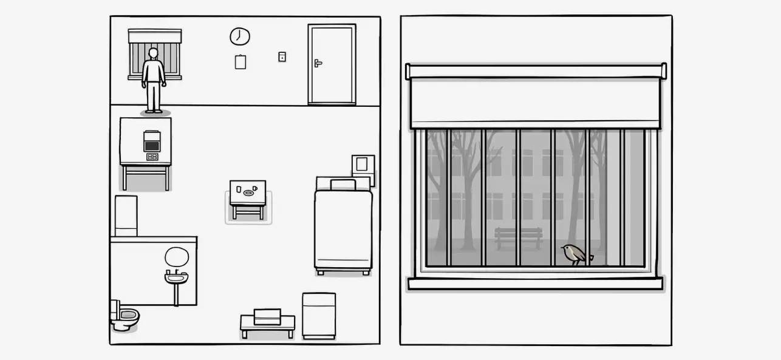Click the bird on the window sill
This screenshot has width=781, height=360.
click(x=574, y=254)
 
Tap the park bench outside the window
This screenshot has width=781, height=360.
click(x=518, y=237)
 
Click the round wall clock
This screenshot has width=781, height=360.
click(x=240, y=36)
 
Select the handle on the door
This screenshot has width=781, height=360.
click(x=318, y=63)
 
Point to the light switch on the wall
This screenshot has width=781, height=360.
click(x=282, y=56)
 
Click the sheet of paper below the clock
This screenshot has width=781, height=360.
click(x=240, y=62)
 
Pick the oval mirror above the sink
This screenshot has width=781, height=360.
click(x=177, y=257)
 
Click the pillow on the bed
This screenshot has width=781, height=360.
click(x=343, y=184)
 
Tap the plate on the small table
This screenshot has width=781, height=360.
click(x=248, y=193)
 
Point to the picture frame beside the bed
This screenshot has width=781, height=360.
click(x=363, y=165)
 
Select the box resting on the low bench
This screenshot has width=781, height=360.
click(x=267, y=316)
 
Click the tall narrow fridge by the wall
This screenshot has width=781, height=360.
click(x=126, y=216)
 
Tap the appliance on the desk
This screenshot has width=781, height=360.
click(x=151, y=141)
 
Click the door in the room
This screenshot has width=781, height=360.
click(x=331, y=64)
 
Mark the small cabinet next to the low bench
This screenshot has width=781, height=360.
click(x=319, y=314)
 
